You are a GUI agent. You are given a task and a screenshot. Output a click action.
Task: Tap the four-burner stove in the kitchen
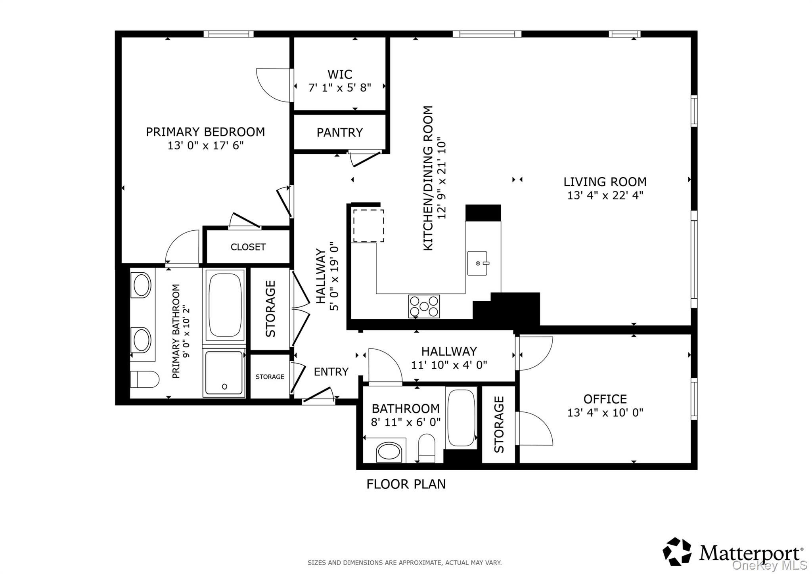[x=424, y=306]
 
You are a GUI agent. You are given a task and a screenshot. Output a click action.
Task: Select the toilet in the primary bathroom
[x=144, y=379]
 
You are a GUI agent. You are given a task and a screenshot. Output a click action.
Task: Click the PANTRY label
[x=339, y=132]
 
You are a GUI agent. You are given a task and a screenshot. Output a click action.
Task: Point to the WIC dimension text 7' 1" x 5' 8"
[x=339, y=88]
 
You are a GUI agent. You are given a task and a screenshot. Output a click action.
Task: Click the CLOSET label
[x=248, y=247]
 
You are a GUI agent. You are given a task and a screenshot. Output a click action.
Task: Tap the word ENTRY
[x=331, y=371]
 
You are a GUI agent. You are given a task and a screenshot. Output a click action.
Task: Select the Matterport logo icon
[x=677, y=551]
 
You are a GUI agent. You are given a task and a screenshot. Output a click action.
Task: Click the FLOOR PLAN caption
[x=406, y=484]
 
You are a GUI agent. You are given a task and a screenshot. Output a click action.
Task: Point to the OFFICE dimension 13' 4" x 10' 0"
[x=605, y=413]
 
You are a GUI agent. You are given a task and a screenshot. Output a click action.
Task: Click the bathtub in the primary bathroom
[x=224, y=305]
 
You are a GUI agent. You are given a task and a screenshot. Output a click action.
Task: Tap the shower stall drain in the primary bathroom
[x=224, y=386]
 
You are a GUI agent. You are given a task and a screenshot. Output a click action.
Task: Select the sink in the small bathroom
[x=389, y=452]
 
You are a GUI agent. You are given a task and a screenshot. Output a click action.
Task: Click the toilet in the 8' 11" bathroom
[x=427, y=448]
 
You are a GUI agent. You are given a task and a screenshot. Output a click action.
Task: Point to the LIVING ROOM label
[x=605, y=182]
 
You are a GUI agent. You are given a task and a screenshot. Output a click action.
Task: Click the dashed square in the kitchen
[x=368, y=226]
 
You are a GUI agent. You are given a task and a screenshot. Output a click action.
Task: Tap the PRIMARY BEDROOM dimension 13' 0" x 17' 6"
[x=205, y=145]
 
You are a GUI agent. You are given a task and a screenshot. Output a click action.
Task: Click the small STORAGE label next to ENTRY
[x=270, y=377]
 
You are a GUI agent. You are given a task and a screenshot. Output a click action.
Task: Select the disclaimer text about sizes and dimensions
[x=404, y=563]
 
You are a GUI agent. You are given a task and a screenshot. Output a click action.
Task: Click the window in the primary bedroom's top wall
[x=228, y=34]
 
